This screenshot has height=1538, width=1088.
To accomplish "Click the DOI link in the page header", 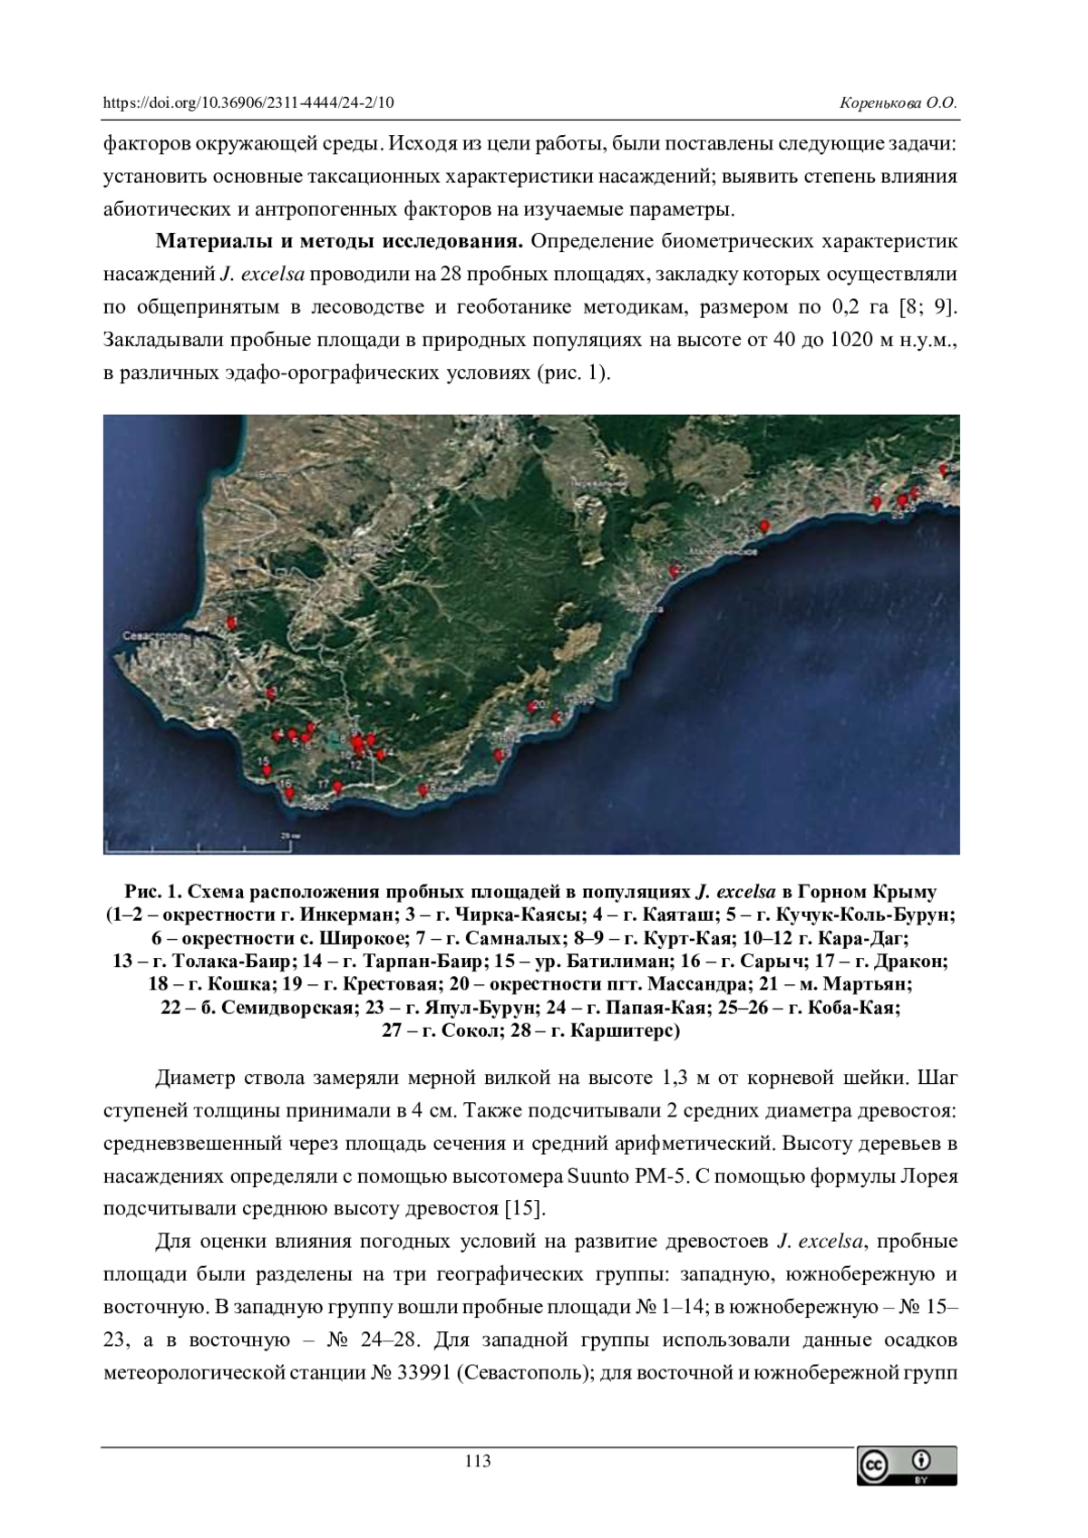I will tap(248, 103).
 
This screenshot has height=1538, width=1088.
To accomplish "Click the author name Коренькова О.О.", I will tap(899, 103).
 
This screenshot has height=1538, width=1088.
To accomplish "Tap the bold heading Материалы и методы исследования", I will tap(340, 242).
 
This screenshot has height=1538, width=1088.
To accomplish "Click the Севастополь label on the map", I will tap(160, 638).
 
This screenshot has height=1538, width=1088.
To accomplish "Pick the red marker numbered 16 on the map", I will tap(289, 793).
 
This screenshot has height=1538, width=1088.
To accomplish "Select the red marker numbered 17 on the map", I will tap(338, 786).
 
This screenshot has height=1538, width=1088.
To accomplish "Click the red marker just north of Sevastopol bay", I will tap(231, 624).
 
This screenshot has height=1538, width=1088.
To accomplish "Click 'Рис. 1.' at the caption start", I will tap(148, 890).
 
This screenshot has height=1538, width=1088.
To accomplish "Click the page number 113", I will tap(477, 1461).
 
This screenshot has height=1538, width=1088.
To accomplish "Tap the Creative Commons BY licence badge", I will tap(907, 1465).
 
